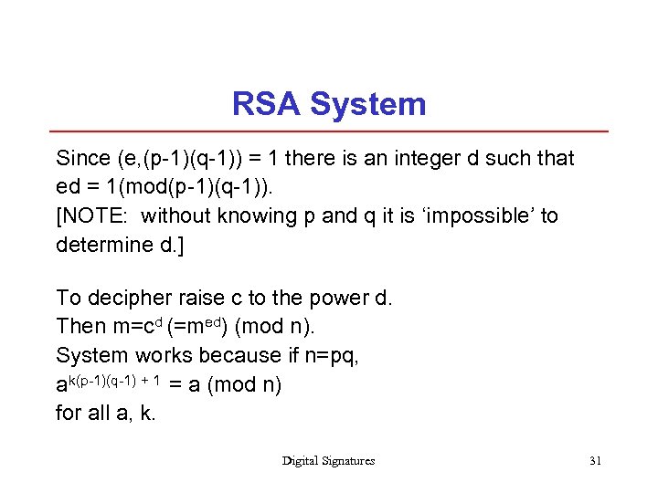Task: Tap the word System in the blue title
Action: tap(368, 104)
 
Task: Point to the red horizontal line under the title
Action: tap(329, 131)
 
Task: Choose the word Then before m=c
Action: tap(80, 326)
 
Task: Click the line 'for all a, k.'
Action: tap(106, 413)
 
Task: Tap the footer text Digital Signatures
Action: tap(328, 461)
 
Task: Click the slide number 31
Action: tap(595, 461)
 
